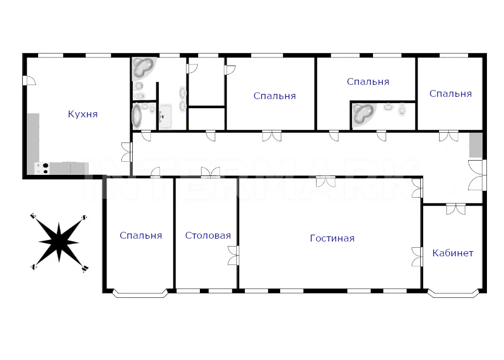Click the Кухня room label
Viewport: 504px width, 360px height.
pyautogui.click(x=83, y=114)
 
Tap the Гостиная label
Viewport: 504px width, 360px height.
pyautogui.click(x=332, y=238)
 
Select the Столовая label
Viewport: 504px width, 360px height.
pyautogui.click(x=208, y=235)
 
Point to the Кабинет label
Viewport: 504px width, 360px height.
pyautogui.click(x=453, y=253)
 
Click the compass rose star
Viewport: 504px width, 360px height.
pyautogui.click(x=59, y=242)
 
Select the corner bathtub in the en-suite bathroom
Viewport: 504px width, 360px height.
pyautogui.click(x=363, y=114)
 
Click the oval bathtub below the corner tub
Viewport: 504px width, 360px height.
pyautogui.click(x=137, y=116)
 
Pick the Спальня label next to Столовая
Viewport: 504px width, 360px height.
pyautogui.click(x=141, y=235)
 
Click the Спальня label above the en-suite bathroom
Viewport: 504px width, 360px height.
pyautogui.click(x=368, y=81)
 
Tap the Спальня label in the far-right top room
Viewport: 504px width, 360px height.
pyautogui.click(x=450, y=93)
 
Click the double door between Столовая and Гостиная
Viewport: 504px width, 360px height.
pyautogui.click(x=234, y=256)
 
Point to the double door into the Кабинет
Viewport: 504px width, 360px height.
pyautogui.click(x=456, y=208)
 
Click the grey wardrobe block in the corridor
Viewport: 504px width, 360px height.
pyautogui.click(x=476, y=145)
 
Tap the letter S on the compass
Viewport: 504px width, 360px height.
pyautogui.click(x=84, y=217)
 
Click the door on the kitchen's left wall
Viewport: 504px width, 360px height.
pyautogui.click(x=28, y=80)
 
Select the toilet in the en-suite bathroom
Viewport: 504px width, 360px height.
pyautogui.click(x=402, y=109)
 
